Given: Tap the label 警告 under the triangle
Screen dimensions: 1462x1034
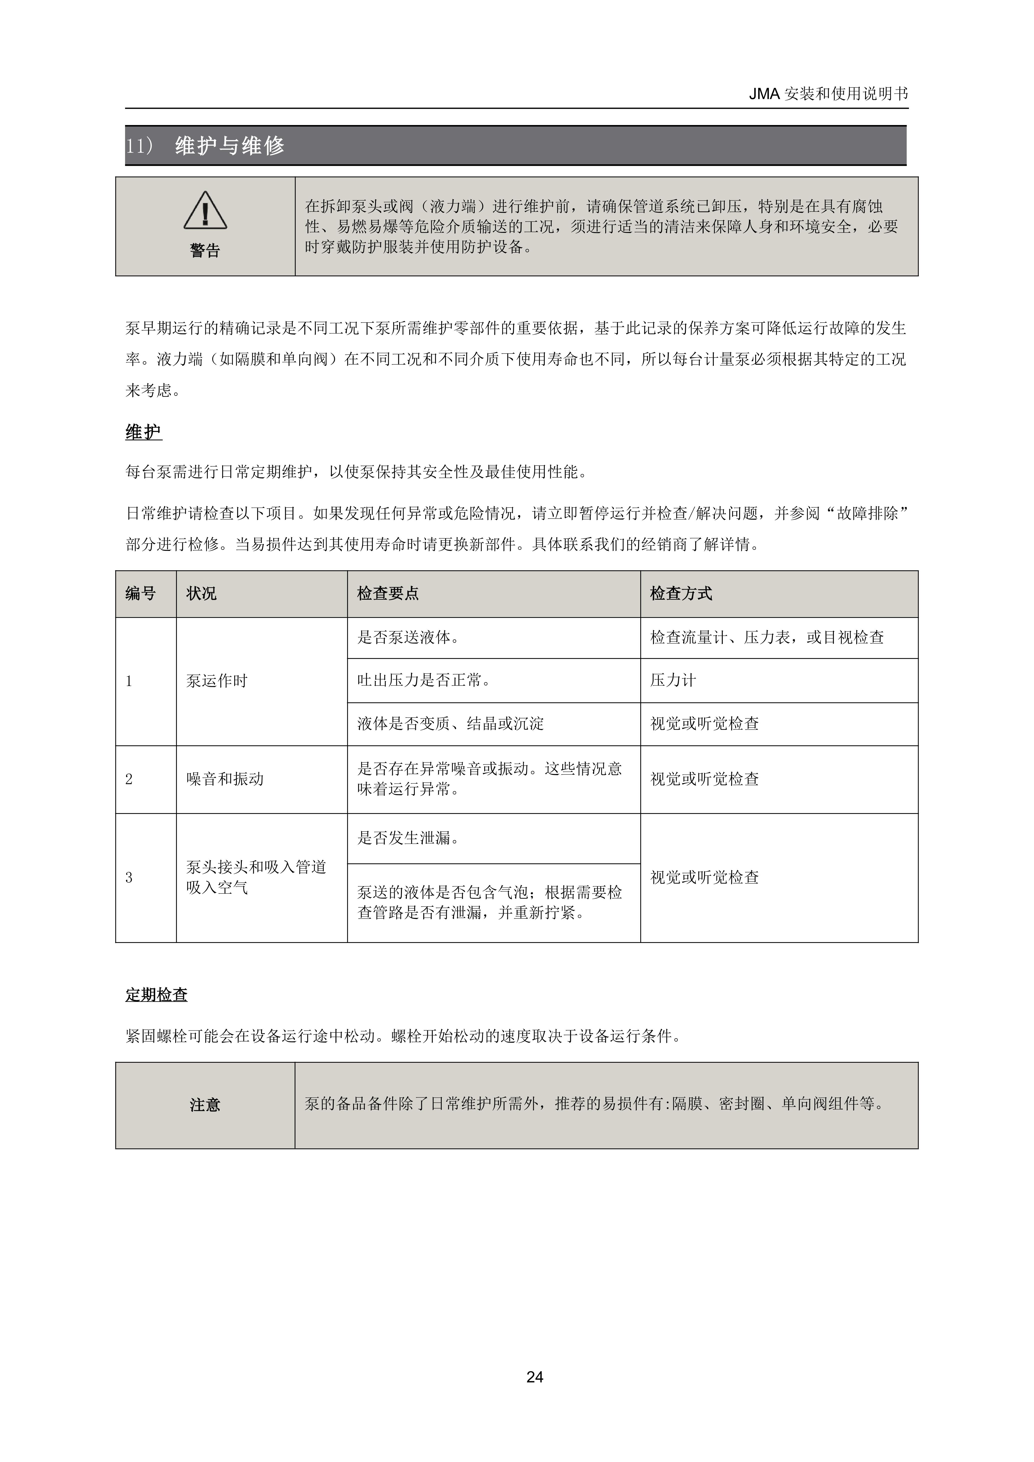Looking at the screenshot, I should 205,251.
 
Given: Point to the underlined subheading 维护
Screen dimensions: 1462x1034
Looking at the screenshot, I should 143,432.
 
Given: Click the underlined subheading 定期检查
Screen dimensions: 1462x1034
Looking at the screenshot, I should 156,995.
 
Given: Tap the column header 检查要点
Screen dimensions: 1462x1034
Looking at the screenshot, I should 388,593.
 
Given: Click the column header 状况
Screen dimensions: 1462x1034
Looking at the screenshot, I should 201,593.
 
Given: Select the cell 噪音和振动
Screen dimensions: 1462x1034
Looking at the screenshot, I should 225,779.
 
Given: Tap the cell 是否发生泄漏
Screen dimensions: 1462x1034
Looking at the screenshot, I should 408,838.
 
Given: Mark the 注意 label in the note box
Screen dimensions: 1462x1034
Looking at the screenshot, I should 205,1105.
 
